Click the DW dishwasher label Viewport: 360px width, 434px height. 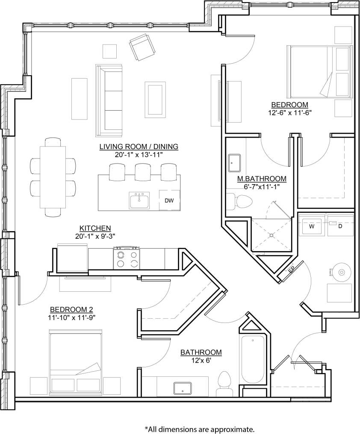(x=169, y=199)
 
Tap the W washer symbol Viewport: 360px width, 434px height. (x=312, y=226)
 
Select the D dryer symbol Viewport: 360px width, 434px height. (x=340, y=226)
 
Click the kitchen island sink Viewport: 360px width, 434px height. (x=139, y=200)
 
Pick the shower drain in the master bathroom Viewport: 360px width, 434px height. (x=271, y=235)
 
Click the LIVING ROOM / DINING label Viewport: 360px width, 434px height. (x=139, y=147)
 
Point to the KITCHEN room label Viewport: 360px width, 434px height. (x=95, y=228)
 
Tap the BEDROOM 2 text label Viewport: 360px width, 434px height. (x=72, y=309)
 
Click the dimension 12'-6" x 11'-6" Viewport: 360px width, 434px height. (x=290, y=113)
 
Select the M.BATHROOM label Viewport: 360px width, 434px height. (x=262, y=179)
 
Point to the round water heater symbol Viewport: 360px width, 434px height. (x=341, y=271)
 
